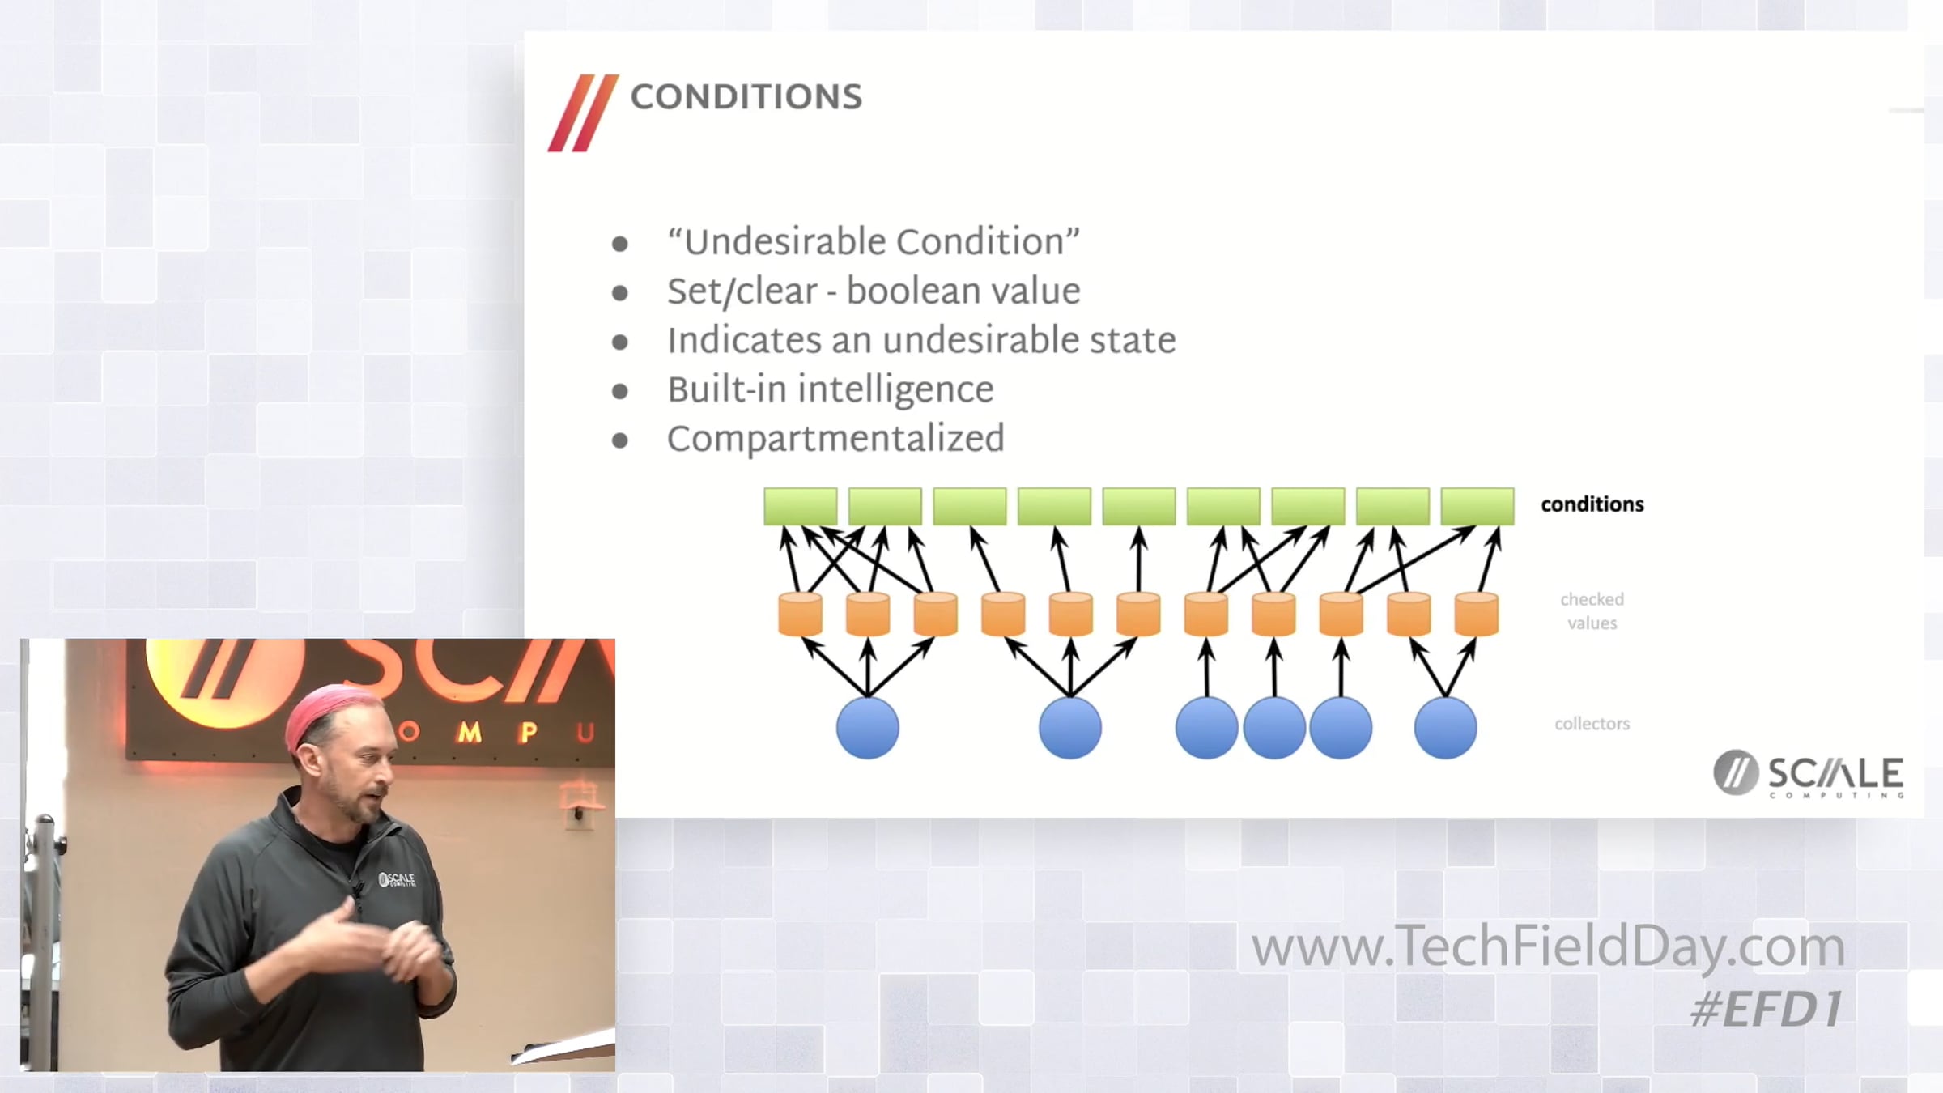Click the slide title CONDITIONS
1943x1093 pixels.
(746, 97)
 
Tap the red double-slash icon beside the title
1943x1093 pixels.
(583, 113)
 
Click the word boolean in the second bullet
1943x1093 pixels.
(915, 291)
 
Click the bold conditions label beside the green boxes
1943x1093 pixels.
(1592, 504)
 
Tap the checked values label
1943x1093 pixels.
(1592, 611)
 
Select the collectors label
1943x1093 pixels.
(1592, 724)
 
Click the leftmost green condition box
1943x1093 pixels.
(801, 506)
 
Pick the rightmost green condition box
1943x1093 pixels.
(1477, 506)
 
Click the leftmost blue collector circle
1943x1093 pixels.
(868, 728)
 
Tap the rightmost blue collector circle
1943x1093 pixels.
(1445, 728)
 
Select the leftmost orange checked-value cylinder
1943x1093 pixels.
(800, 614)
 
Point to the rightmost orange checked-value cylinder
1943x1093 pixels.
(1477, 614)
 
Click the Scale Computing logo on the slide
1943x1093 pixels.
(1808, 774)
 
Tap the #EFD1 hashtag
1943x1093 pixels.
(1767, 1010)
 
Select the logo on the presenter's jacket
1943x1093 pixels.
(397, 879)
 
